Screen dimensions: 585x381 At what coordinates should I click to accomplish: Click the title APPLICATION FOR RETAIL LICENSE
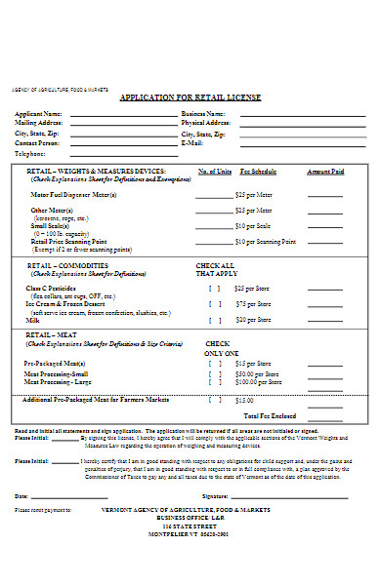pyautogui.click(x=191, y=98)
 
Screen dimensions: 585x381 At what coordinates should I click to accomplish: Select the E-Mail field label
pyautogui.click(x=191, y=143)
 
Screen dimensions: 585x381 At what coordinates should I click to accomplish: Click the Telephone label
pyautogui.click(x=30, y=154)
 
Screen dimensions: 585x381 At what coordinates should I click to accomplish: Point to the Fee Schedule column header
pyautogui.click(x=258, y=171)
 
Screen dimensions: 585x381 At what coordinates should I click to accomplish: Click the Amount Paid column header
pyautogui.click(x=325, y=171)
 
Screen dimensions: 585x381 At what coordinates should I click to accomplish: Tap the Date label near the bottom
pyautogui.click(x=21, y=495)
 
